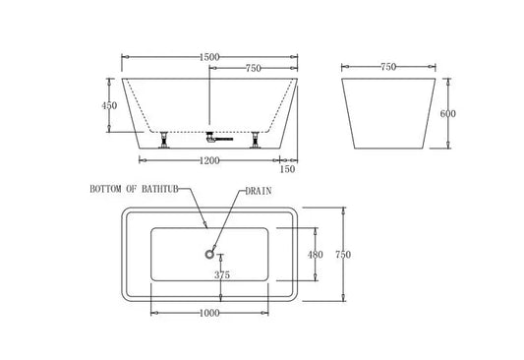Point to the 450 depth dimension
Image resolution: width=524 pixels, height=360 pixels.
[109, 106]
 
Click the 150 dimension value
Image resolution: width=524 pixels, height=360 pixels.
[287, 169]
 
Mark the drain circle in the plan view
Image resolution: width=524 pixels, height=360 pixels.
[209, 254]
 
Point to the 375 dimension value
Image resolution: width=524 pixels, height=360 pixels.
[223, 276]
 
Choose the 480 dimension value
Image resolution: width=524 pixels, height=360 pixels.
[316, 254]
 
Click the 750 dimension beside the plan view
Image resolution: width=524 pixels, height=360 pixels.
[343, 255]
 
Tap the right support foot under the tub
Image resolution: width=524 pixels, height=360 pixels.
[258, 138]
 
